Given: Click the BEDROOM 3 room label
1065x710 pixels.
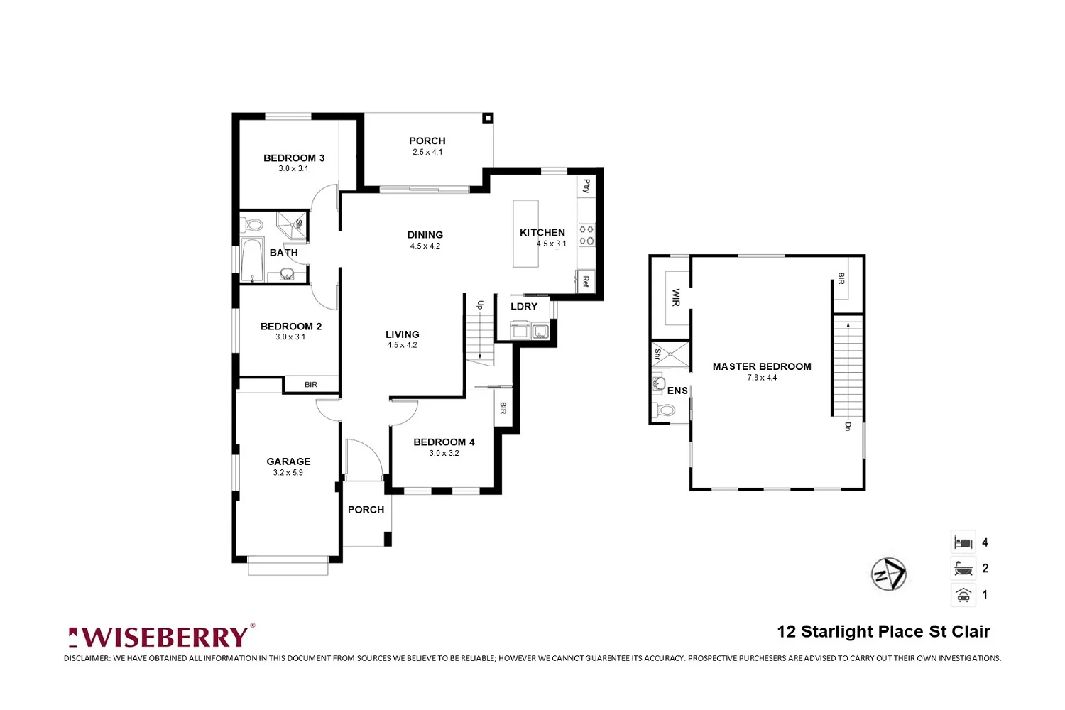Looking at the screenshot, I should coord(294,158).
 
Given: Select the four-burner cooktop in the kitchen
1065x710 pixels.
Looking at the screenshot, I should coord(586,235).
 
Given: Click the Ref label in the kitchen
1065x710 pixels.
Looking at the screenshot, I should coord(586,281).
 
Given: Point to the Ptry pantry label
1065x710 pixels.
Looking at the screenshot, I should coord(586,186).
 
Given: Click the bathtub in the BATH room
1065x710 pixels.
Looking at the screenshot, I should coord(252,260).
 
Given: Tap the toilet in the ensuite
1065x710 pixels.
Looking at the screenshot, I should coord(665,410).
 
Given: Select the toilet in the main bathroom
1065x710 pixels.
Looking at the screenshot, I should coord(253,226).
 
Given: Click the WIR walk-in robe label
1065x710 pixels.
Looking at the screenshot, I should coord(675,297).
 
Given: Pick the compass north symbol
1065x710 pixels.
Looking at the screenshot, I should coord(889,574).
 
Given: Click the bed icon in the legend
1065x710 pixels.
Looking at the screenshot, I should coord(963,542).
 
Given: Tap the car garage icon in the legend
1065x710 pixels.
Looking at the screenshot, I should coord(963,595).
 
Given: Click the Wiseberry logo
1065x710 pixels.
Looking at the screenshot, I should coord(161,636).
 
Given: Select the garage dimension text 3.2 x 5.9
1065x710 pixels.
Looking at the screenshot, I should coord(288,473).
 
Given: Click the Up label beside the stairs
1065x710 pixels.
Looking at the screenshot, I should coord(480,305).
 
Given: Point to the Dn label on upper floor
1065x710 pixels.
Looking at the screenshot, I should coord(847,426).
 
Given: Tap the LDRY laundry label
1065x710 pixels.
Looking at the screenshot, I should coord(524,307).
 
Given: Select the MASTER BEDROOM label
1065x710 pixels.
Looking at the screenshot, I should coord(762,367).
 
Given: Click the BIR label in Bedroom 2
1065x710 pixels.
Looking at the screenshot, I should coord(311,385).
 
